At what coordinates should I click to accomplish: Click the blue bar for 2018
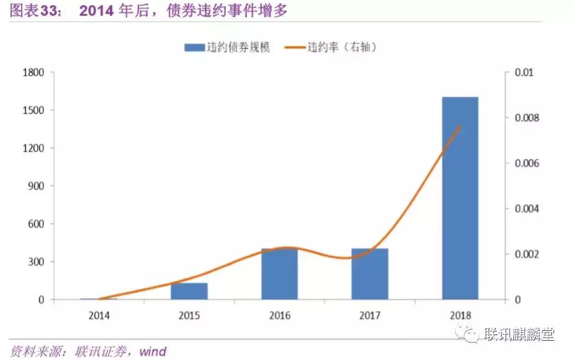[460, 199]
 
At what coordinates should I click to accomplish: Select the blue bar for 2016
[279, 274]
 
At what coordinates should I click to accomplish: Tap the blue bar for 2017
[369, 274]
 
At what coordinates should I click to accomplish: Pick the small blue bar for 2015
[189, 291]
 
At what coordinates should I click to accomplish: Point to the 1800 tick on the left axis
[32, 73]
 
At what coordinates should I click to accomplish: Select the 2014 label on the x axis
[99, 315]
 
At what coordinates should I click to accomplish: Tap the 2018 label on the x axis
[460, 315]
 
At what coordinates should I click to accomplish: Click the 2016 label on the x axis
[279, 315]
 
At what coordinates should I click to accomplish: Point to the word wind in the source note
[152, 351]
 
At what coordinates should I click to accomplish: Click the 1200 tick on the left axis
[32, 148]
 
